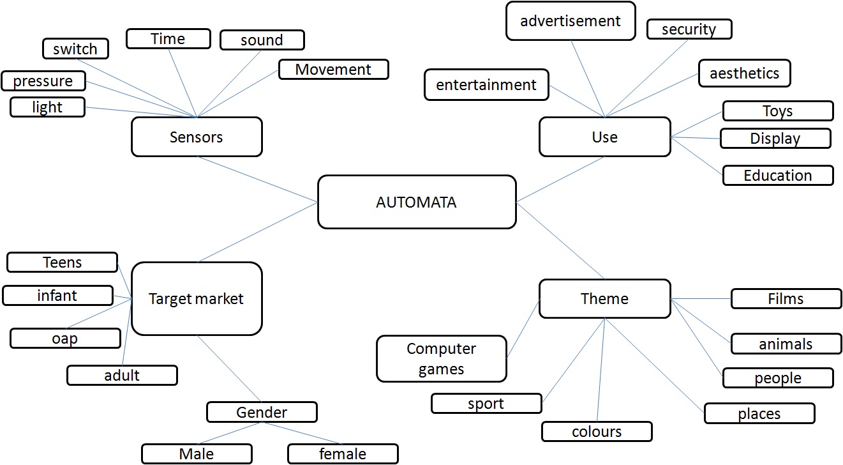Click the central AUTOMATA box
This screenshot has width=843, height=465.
416,202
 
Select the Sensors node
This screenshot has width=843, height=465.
197,137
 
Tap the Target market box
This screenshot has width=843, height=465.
197,298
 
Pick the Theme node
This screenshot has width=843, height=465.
604,298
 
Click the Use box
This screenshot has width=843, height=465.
604,137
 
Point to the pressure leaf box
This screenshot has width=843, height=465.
43,81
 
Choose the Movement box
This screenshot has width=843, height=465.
333,69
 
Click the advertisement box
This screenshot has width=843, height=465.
571,21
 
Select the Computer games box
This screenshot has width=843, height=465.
442,359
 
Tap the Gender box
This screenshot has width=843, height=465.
262,412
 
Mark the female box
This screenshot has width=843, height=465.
343,454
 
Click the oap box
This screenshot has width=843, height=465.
65,338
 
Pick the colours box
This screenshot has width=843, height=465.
597,431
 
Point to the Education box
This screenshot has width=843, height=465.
777,175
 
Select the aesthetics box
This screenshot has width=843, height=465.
744,73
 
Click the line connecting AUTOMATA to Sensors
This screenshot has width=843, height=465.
258,179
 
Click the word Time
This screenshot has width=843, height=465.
168,38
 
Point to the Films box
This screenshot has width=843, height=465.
786,298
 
